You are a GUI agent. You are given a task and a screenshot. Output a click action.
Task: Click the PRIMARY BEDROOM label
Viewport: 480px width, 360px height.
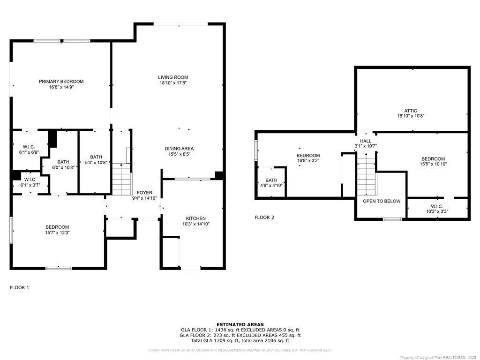pos(61,82)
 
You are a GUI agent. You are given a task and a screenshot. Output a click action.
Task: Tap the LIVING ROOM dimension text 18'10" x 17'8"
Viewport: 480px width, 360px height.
pos(173,83)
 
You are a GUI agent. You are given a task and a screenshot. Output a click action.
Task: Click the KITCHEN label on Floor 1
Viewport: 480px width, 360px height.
pos(195,218)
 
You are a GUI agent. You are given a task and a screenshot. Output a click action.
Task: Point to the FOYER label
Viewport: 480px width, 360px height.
pos(144,193)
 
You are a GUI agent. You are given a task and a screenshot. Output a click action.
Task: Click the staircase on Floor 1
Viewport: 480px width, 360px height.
pos(121,179)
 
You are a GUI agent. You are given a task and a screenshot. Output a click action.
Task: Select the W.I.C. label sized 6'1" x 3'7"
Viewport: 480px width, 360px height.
pos(30,180)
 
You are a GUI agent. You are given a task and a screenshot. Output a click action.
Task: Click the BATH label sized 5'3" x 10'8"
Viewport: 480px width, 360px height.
pos(96,157)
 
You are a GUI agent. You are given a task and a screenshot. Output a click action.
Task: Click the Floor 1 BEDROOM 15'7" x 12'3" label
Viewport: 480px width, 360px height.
pos(57,227)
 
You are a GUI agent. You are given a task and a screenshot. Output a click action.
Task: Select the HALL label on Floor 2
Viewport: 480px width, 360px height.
pos(365,141)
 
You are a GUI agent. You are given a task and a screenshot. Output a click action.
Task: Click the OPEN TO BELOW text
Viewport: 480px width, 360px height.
pos(382,201)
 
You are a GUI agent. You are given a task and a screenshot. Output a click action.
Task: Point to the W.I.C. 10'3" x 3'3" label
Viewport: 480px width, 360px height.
pos(436,206)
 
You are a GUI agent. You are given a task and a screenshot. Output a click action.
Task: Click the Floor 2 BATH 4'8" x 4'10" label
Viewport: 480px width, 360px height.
pos(271,180)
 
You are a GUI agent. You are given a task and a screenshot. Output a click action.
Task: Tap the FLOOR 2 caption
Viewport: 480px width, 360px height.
pos(264,217)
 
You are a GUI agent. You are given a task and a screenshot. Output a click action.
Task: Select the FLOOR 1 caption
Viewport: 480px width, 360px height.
pos(20,287)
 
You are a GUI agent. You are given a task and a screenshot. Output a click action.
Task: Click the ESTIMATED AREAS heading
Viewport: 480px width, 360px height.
pos(240,324)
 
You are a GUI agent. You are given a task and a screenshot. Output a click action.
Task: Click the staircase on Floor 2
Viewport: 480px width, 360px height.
pos(367,176)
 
